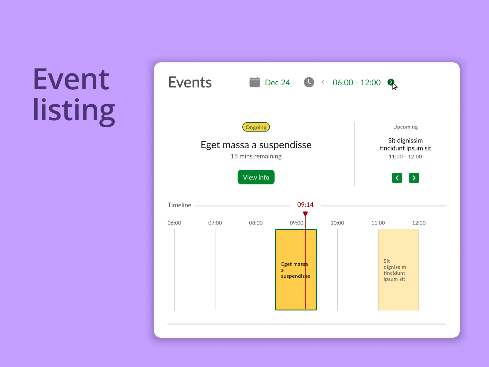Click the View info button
tap(256, 177)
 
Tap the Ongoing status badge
tap(256, 127)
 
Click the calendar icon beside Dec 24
tap(254, 82)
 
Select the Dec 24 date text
tap(278, 83)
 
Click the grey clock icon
tap(309, 82)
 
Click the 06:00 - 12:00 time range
tap(356, 83)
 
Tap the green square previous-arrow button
tap(397, 178)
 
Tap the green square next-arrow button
tap(414, 178)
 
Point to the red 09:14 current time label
tap(305, 205)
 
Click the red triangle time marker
tap(305, 214)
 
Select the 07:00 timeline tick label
tap(215, 223)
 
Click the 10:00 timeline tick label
tap(337, 223)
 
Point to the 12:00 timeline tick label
tap(419, 223)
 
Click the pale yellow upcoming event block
tap(399, 270)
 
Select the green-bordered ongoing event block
tap(296, 270)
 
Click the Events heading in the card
tap(190, 82)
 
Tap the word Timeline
tap(179, 205)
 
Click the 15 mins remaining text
tap(256, 156)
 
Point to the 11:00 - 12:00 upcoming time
tap(405, 157)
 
